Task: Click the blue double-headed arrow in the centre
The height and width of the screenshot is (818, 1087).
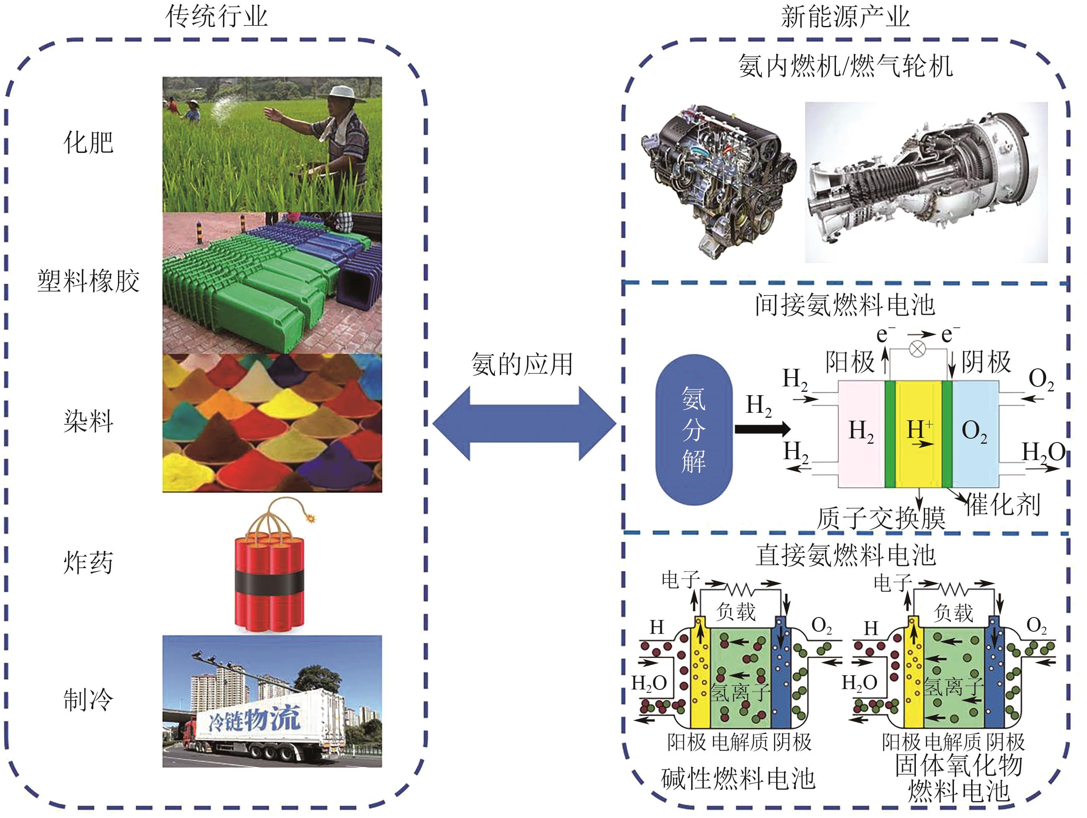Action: click(x=524, y=423)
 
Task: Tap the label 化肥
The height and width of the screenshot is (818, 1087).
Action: click(x=88, y=143)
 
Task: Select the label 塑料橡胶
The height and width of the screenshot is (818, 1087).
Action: click(x=88, y=282)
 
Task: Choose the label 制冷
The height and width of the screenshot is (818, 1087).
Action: click(x=88, y=700)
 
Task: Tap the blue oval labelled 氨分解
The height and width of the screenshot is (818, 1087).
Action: click(x=694, y=429)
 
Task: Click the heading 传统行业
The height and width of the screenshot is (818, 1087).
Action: click(x=216, y=17)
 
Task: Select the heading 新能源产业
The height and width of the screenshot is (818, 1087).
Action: click(x=845, y=17)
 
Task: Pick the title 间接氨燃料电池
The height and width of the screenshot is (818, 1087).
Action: click(x=845, y=305)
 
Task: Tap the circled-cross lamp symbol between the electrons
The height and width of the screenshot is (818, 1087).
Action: click(x=918, y=350)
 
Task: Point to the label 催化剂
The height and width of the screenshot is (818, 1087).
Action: click(x=1003, y=505)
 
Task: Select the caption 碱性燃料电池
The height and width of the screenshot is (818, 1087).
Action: click(x=738, y=779)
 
